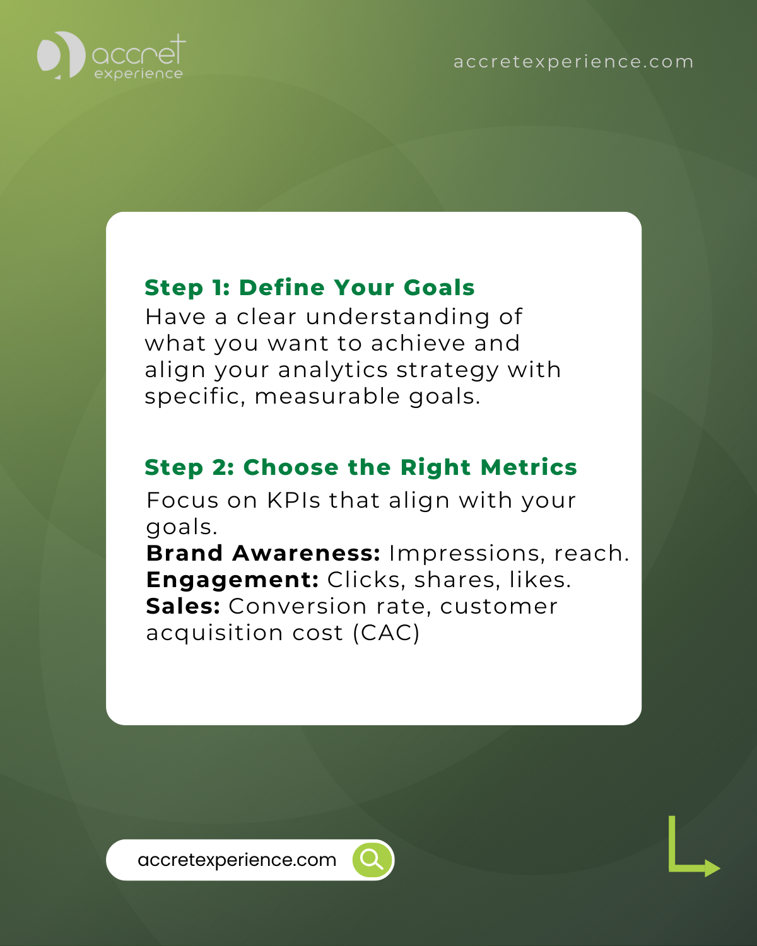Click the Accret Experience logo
point(111,56)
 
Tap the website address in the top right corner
point(573,62)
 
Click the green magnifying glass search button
point(372,860)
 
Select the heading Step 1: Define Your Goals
point(310,288)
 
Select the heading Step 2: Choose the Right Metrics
point(361,467)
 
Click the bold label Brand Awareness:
point(263,553)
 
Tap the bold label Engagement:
point(232,580)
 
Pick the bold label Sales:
point(183,606)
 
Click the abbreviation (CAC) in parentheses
point(386,633)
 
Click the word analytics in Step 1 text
point(333,370)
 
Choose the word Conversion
point(297,606)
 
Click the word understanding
point(397,317)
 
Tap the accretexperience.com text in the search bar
point(237,860)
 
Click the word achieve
point(418,343)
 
